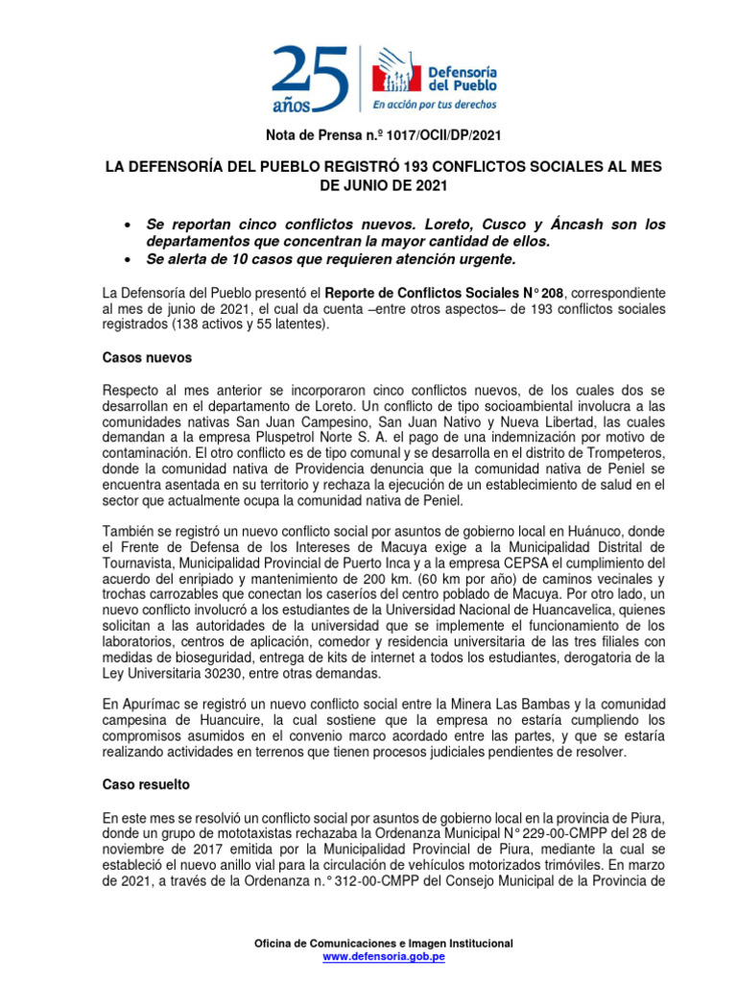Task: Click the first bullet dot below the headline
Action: (129, 225)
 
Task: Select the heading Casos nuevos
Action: (147, 357)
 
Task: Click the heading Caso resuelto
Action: (146, 784)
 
